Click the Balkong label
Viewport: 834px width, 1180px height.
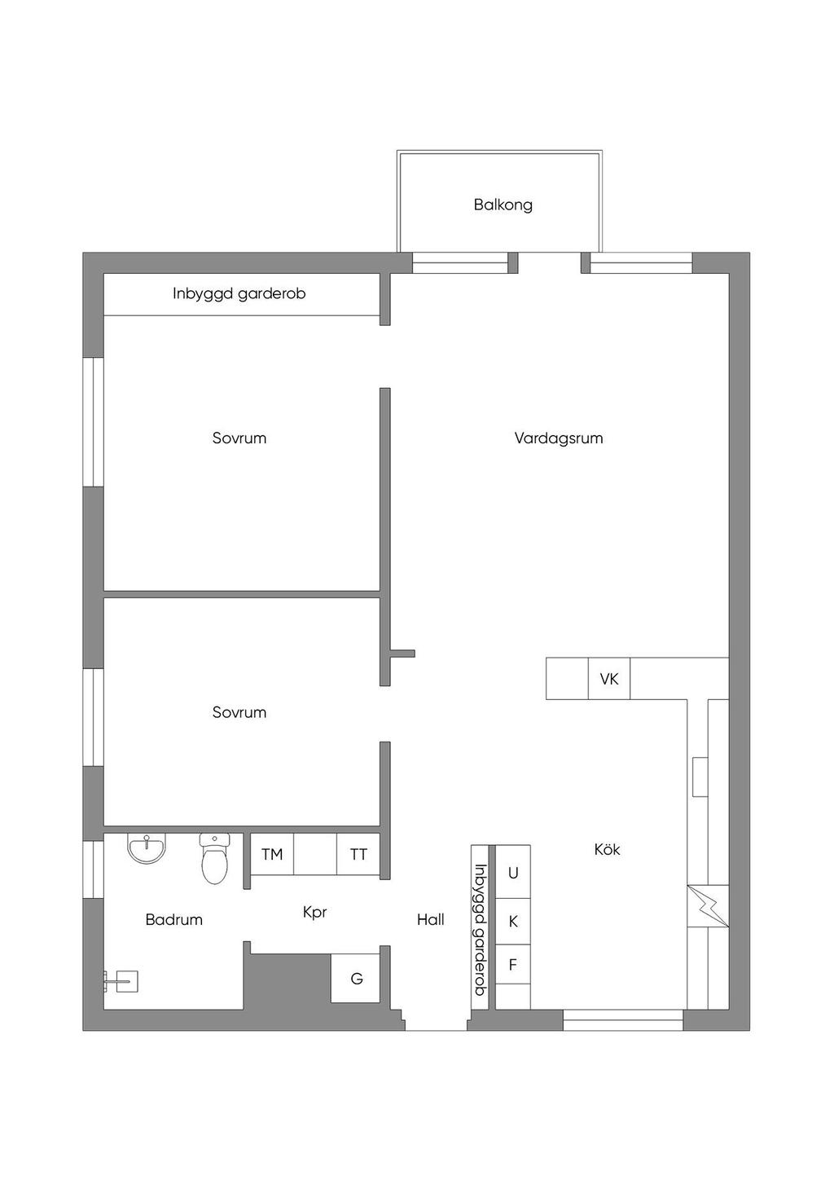point(503,205)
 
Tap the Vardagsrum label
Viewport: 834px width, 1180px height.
point(559,438)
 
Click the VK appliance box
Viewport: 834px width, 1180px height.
point(608,679)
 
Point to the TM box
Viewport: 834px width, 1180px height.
point(272,854)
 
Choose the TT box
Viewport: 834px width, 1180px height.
point(358,854)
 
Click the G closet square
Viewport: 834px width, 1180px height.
point(356,978)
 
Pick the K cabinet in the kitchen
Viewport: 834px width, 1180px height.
point(513,922)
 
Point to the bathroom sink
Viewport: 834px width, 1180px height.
point(147,848)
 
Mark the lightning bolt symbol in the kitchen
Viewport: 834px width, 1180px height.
point(708,906)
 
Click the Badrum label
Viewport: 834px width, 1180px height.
point(173,920)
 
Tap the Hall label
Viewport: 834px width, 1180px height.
point(431,920)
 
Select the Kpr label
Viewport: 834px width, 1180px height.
point(315,913)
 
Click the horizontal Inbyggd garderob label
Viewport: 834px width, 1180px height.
point(239,294)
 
